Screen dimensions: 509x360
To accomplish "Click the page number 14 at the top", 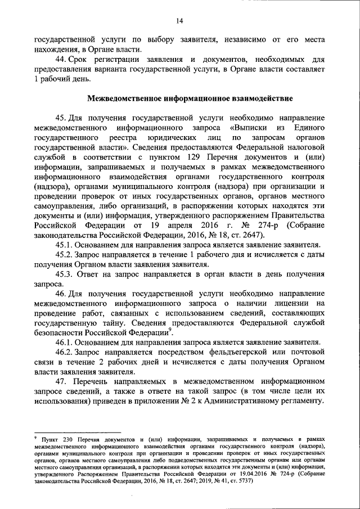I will coord(179,21).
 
